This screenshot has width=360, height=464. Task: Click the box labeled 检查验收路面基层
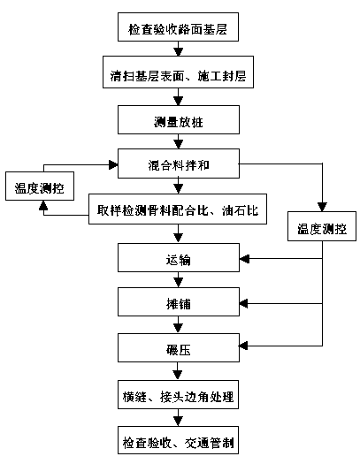pos(178,27)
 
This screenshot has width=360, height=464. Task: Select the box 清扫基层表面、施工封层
pos(178,72)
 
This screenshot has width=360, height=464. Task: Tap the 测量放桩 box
pos(179,120)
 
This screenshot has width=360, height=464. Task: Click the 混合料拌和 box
pos(179,164)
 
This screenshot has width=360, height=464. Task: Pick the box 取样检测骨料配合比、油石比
pos(178,209)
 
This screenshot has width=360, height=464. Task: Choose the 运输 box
pos(179,257)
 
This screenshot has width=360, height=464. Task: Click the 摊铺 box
pos(179,302)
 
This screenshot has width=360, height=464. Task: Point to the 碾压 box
pos(179,347)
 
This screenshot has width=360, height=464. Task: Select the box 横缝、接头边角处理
pos(178,395)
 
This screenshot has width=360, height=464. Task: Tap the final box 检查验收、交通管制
pos(178,440)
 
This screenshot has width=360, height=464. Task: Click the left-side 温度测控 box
pos(40,186)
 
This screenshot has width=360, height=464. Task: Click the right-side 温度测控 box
pos(322,226)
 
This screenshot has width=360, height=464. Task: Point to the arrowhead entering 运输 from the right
pos(244,259)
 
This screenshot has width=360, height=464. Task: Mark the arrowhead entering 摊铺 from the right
pos(243,304)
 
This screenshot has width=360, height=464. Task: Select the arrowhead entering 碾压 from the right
pos(243,346)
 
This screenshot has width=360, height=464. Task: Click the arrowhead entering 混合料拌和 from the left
pos(113,164)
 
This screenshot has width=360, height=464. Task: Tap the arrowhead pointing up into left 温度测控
pos(43,205)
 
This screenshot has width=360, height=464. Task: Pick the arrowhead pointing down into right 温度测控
pos(322,207)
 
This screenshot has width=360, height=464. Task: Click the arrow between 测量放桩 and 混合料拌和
pos(178,141)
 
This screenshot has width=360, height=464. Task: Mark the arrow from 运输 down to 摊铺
pos(178,280)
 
